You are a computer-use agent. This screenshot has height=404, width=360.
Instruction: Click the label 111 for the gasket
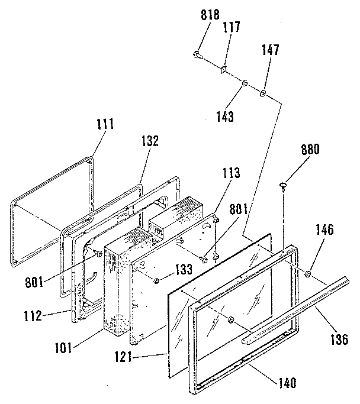coord(104,124)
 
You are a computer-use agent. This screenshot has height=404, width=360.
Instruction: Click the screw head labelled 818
coord(197,54)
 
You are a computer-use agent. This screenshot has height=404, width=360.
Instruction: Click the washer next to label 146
coord(309,274)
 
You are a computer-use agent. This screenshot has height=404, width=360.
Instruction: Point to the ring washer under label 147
coord(263,93)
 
